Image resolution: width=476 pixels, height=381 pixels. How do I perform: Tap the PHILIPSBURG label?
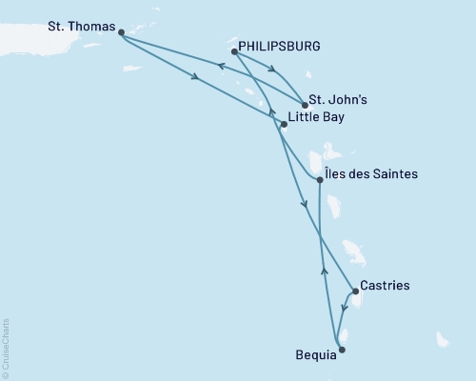coord(280,45)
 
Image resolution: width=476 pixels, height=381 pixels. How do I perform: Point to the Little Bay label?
coord(315,118)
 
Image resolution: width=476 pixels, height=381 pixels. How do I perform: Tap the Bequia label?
coord(315,355)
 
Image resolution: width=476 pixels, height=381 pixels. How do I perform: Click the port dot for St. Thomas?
coord(121,30)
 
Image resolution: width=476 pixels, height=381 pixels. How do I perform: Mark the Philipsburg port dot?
coord(234,52)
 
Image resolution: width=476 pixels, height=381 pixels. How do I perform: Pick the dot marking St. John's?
coord(304,105)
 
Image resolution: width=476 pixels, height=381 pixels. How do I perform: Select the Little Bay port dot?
coord(283,124)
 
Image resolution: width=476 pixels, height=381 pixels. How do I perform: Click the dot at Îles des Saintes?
coord(319,179)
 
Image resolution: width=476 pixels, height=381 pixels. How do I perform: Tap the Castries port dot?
coord(355,291)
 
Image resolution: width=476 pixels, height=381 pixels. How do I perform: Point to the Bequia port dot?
coord(342,351)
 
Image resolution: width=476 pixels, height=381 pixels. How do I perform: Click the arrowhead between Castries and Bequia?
coord(343,309)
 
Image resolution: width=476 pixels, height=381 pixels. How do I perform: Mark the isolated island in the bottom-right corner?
coord(443,339)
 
